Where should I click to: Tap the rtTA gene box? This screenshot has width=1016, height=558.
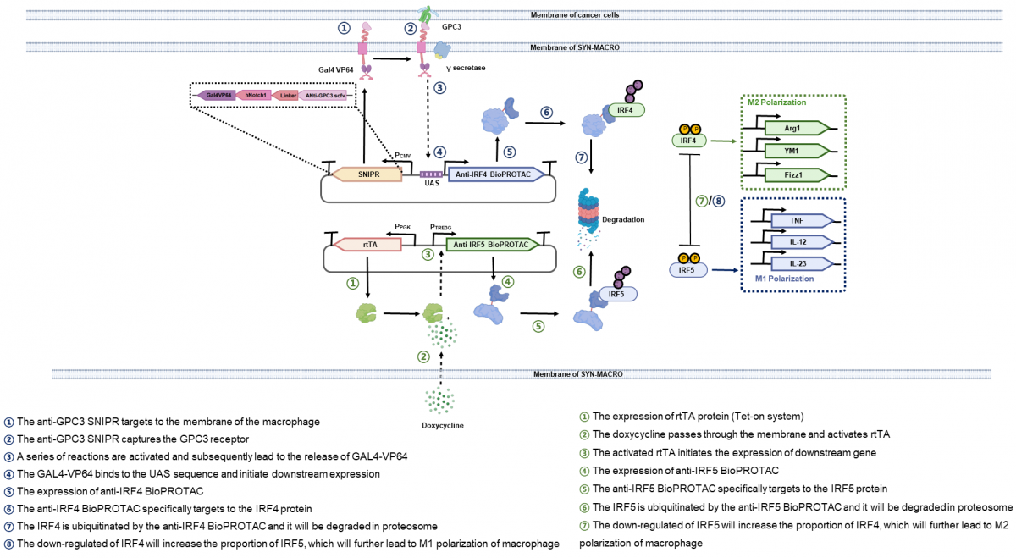[369, 244]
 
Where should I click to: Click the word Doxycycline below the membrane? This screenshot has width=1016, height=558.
[441, 423]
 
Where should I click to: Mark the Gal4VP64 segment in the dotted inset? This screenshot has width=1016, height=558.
[219, 96]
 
